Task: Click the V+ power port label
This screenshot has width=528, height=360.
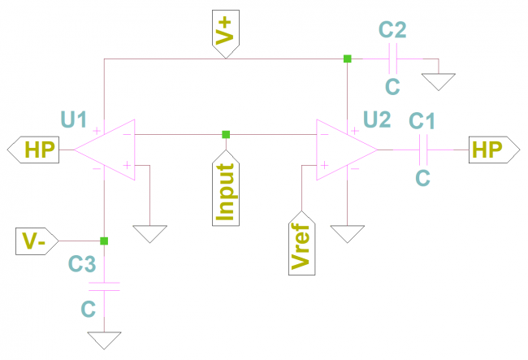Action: click(225, 35)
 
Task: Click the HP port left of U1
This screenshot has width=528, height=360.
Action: click(37, 150)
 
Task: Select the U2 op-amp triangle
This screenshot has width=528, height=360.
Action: click(345, 149)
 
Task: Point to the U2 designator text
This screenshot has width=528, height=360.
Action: click(376, 119)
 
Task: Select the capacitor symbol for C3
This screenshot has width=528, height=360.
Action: click(104, 285)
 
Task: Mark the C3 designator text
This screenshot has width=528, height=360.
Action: click(82, 262)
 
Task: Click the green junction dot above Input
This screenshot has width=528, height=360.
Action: click(226, 134)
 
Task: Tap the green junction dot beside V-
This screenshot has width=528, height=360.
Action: click(104, 241)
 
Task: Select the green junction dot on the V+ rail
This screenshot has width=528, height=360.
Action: click(347, 59)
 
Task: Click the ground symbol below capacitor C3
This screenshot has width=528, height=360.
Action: click(104, 340)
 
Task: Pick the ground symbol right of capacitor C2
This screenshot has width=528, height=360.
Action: click(439, 81)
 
